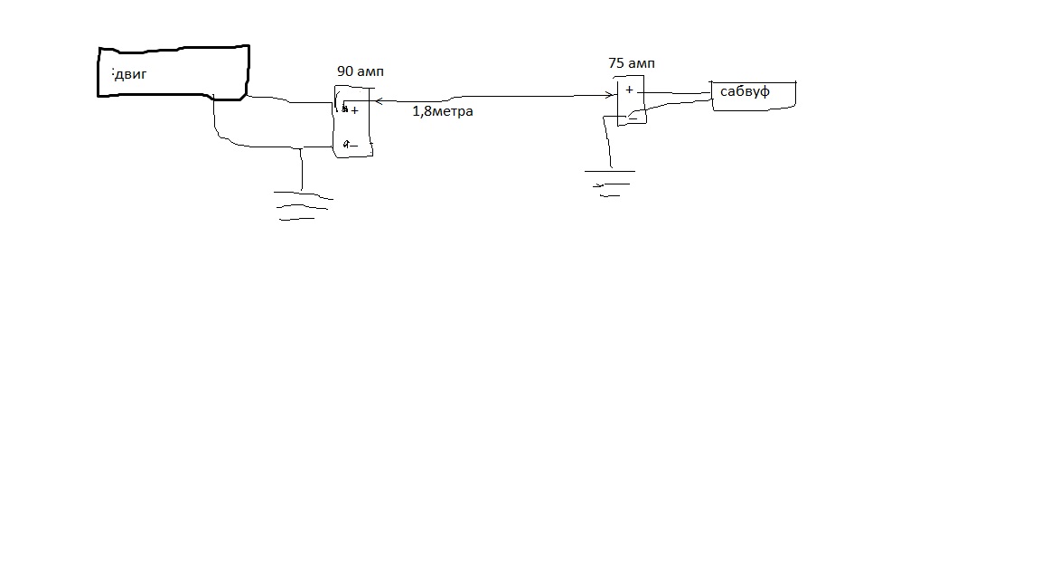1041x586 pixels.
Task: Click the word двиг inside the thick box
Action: click(x=131, y=74)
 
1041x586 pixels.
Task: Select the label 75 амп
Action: click(x=632, y=63)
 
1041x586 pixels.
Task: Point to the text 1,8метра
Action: click(x=443, y=111)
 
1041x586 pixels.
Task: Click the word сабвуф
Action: click(x=745, y=91)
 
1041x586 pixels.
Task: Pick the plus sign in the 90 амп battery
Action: click(x=354, y=110)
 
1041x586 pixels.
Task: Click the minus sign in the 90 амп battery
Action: click(x=352, y=144)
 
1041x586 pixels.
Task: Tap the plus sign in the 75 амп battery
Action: click(x=629, y=90)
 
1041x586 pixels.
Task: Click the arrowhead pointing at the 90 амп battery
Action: click(x=376, y=100)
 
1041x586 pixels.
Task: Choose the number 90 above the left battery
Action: click(x=344, y=71)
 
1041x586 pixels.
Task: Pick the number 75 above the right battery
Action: click(x=618, y=63)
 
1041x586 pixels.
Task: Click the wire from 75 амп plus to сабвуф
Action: click(x=678, y=92)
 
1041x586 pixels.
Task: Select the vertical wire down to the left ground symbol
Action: click(x=302, y=168)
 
